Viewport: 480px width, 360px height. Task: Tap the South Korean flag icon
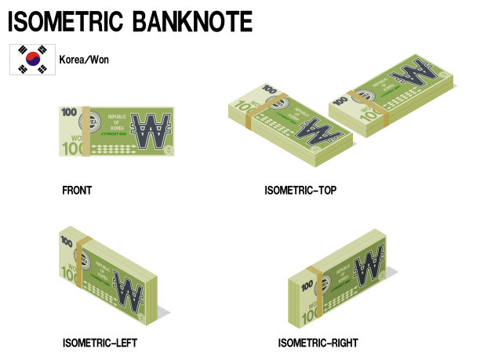[32, 60]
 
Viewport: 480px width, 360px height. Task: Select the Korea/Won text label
[84, 60]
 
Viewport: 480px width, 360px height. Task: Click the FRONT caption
[77, 190]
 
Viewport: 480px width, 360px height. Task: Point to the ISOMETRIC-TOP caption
[300, 190]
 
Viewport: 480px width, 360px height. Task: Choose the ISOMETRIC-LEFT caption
[100, 343]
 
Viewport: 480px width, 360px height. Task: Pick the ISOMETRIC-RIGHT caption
[318, 343]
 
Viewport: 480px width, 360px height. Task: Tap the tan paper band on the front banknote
[88, 129]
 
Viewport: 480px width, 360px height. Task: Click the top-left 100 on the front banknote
[69, 112]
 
